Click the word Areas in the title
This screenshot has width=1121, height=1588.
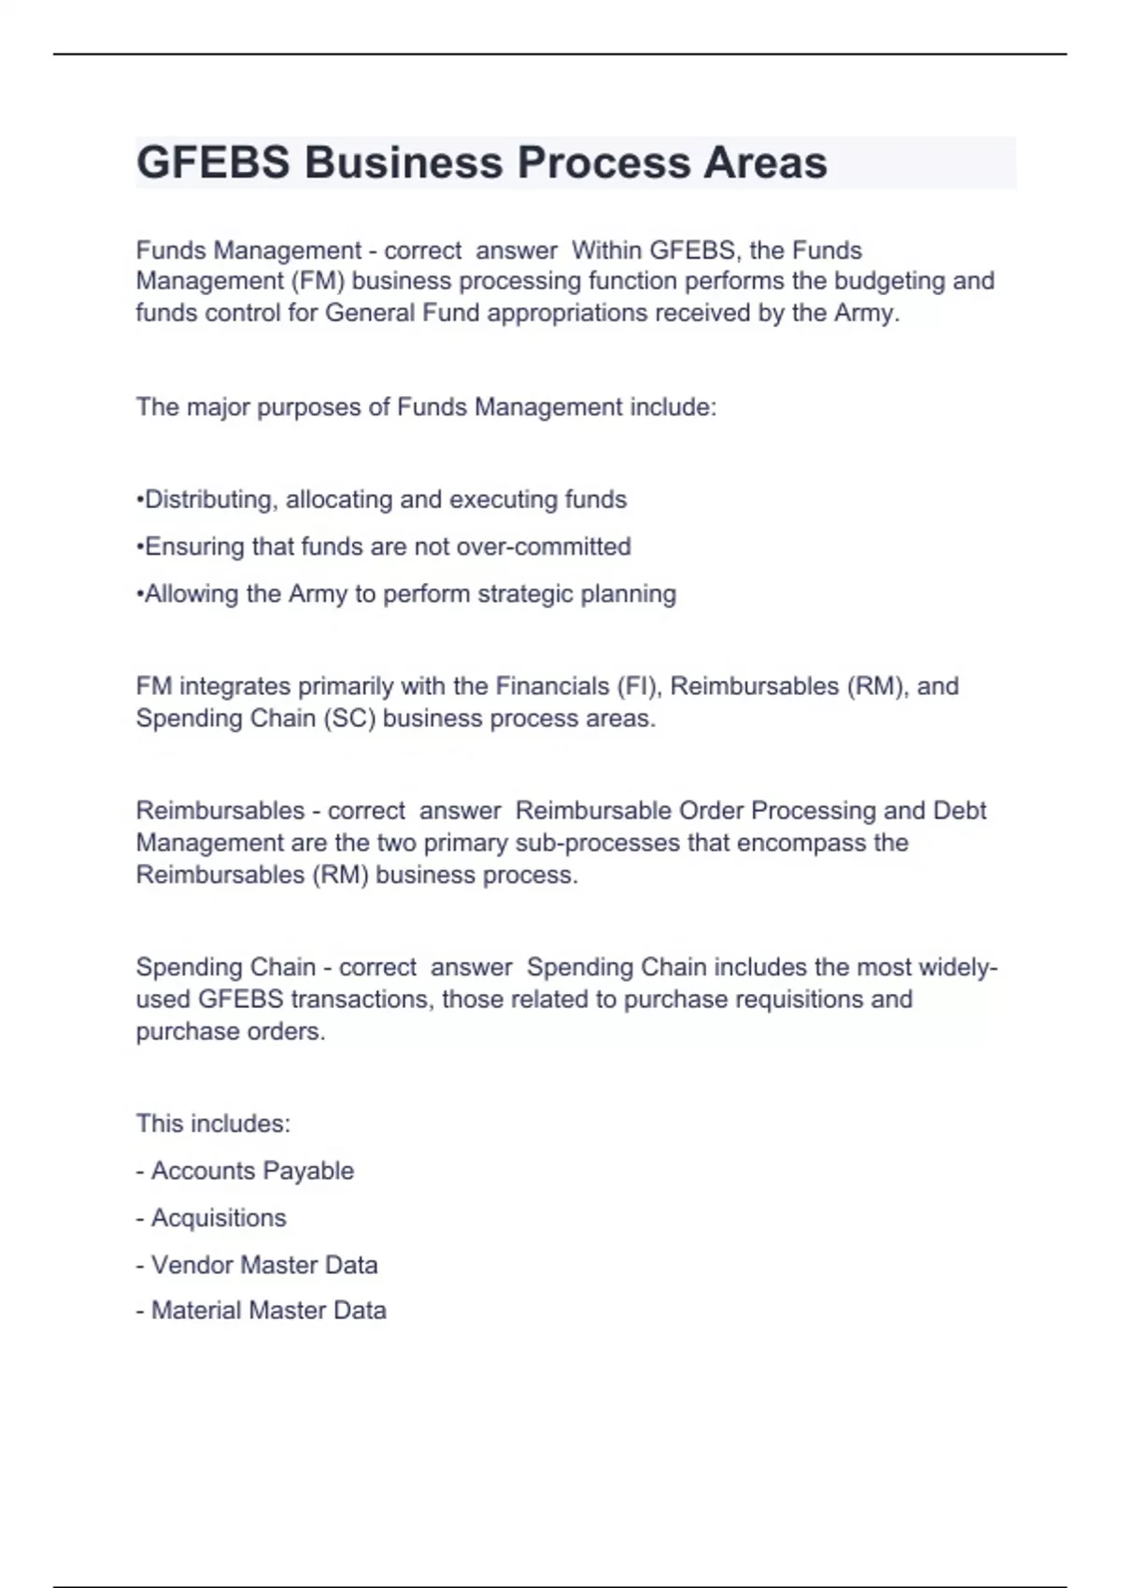coord(765,163)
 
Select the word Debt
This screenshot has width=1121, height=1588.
coord(959,811)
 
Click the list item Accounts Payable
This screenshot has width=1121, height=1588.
coord(252,1171)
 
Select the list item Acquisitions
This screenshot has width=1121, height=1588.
coord(219,1218)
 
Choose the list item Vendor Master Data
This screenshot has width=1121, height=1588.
coord(264,1265)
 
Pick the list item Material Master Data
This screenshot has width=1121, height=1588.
coord(268,1311)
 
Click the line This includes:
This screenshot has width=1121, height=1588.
coord(213,1124)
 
